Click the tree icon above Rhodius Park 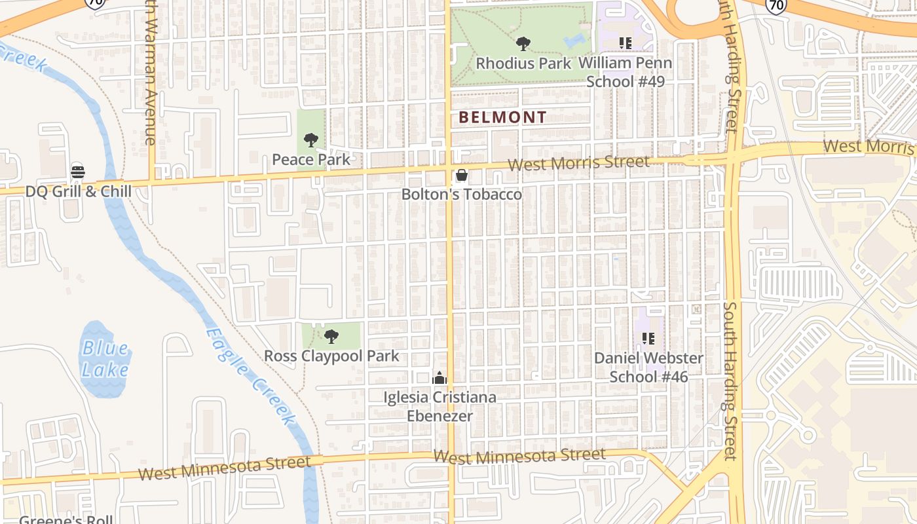click(523, 44)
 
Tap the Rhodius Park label click(523, 64)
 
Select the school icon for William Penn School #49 click(626, 43)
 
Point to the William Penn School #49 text click(626, 72)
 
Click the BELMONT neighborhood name click(502, 118)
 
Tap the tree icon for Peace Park click(311, 140)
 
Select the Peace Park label click(311, 159)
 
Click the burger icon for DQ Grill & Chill click(78, 172)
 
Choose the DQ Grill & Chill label click(79, 191)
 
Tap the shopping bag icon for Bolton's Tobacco click(461, 175)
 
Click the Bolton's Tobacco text click(462, 195)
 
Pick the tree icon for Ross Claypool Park click(331, 337)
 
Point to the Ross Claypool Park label click(331, 356)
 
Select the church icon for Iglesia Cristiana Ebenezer click(440, 378)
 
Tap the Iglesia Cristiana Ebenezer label click(440, 407)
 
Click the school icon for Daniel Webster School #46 click(648, 339)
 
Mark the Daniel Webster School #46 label click(648, 367)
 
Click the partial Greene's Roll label click(65, 519)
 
